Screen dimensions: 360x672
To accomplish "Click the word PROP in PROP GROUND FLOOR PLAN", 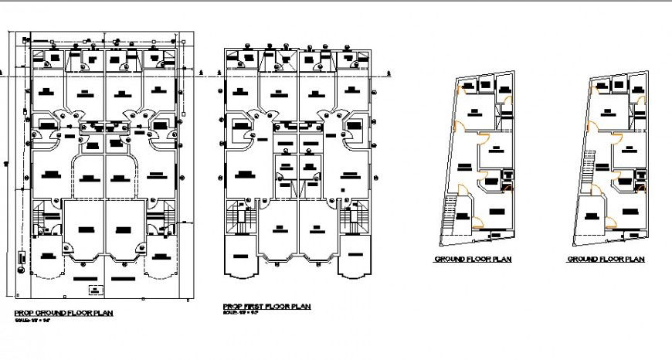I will [24, 313].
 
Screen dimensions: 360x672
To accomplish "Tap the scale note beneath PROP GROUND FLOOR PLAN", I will [32, 320].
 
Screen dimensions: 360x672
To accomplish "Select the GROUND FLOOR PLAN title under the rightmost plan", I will [606, 260].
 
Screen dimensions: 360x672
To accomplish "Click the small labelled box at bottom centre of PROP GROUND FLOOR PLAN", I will [95, 290].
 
